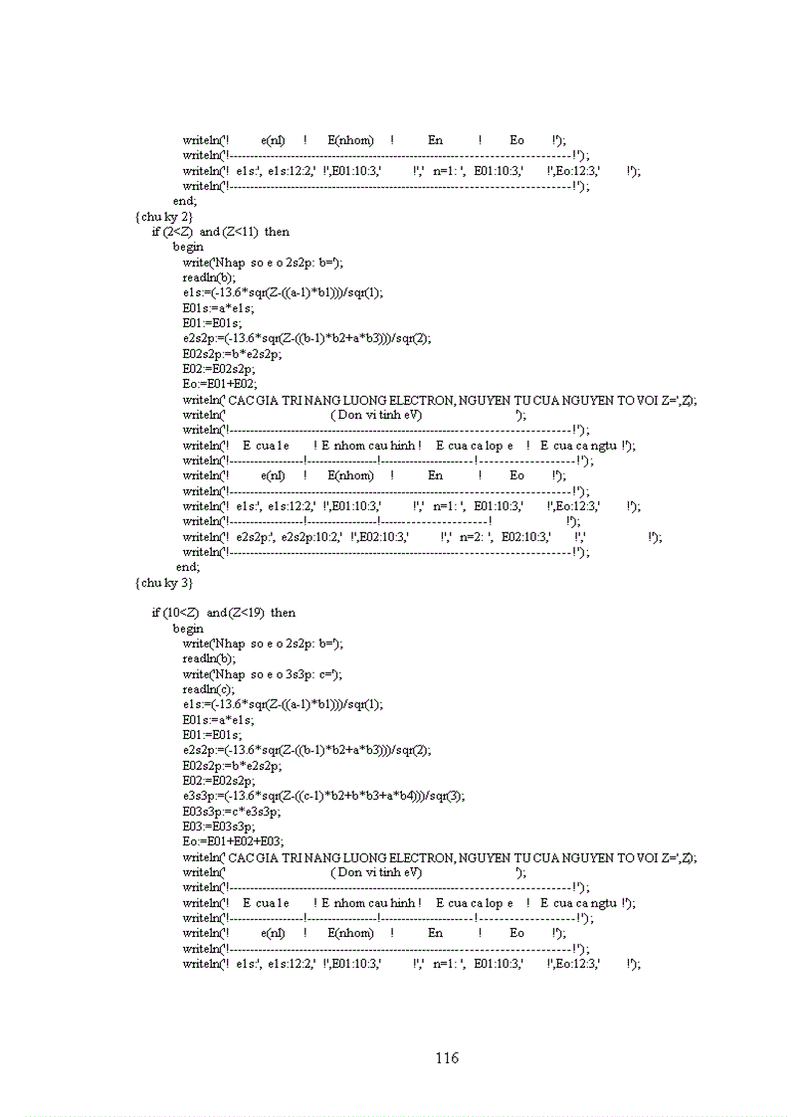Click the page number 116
click(x=447, y=1057)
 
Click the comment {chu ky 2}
click(x=164, y=216)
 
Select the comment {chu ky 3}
click(x=164, y=583)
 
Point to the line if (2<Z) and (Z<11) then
click(x=221, y=231)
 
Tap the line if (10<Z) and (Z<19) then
click(x=224, y=613)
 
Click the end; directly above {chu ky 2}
click(x=185, y=200)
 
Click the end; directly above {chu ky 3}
click(x=188, y=567)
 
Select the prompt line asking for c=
click(x=263, y=673)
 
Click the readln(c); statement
click(x=209, y=688)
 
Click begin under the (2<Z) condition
click(x=188, y=246)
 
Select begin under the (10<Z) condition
click(x=188, y=628)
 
